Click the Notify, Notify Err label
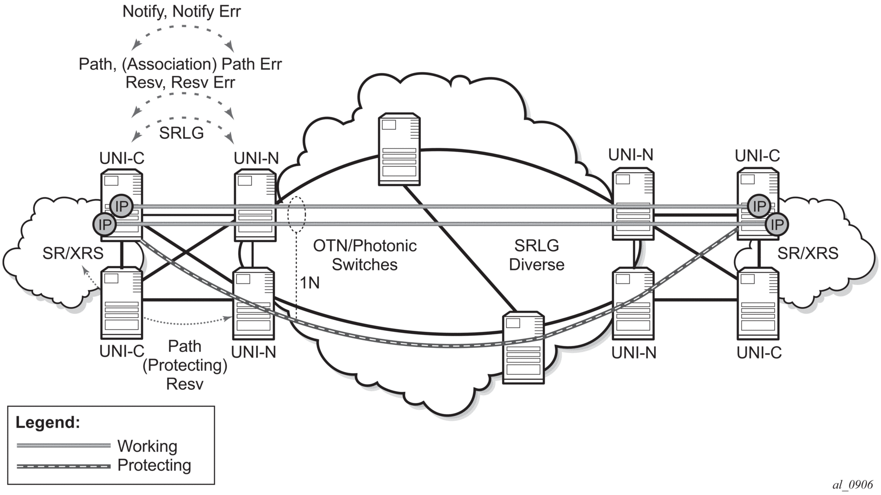(182, 12)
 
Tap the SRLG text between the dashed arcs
(181, 133)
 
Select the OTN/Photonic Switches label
(364, 255)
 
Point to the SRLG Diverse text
(536, 255)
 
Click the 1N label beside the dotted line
(310, 283)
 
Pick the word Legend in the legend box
(48, 422)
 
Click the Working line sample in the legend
(63, 446)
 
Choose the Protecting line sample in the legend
(63, 466)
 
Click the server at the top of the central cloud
(399, 149)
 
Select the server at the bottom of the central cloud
(524, 347)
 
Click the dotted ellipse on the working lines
(297, 215)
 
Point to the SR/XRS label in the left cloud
(73, 253)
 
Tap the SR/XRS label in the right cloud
(807, 253)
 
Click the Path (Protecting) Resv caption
(185, 365)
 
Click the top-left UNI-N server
(255, 205)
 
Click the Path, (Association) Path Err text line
(180, 64)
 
